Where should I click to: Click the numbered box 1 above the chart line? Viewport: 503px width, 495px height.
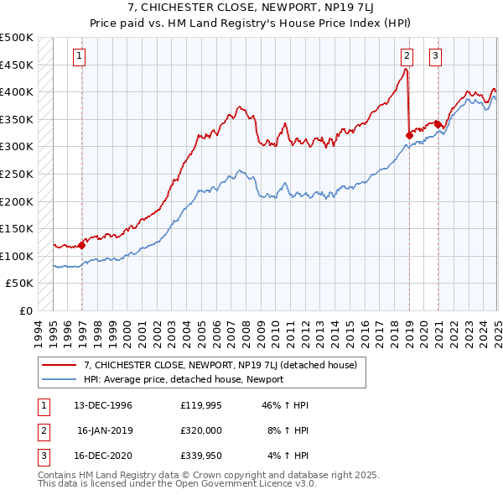[79, 57]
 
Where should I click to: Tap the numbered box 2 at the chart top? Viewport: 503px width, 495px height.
[406, 57]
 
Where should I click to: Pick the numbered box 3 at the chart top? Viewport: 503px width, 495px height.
[436, 57]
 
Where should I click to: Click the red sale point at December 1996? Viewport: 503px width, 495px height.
[82, 246]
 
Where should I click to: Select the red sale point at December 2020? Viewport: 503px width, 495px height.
[438, 124]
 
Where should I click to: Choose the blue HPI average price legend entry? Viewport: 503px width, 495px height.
[184, 379]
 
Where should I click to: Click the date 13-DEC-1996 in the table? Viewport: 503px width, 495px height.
[96, 404]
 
